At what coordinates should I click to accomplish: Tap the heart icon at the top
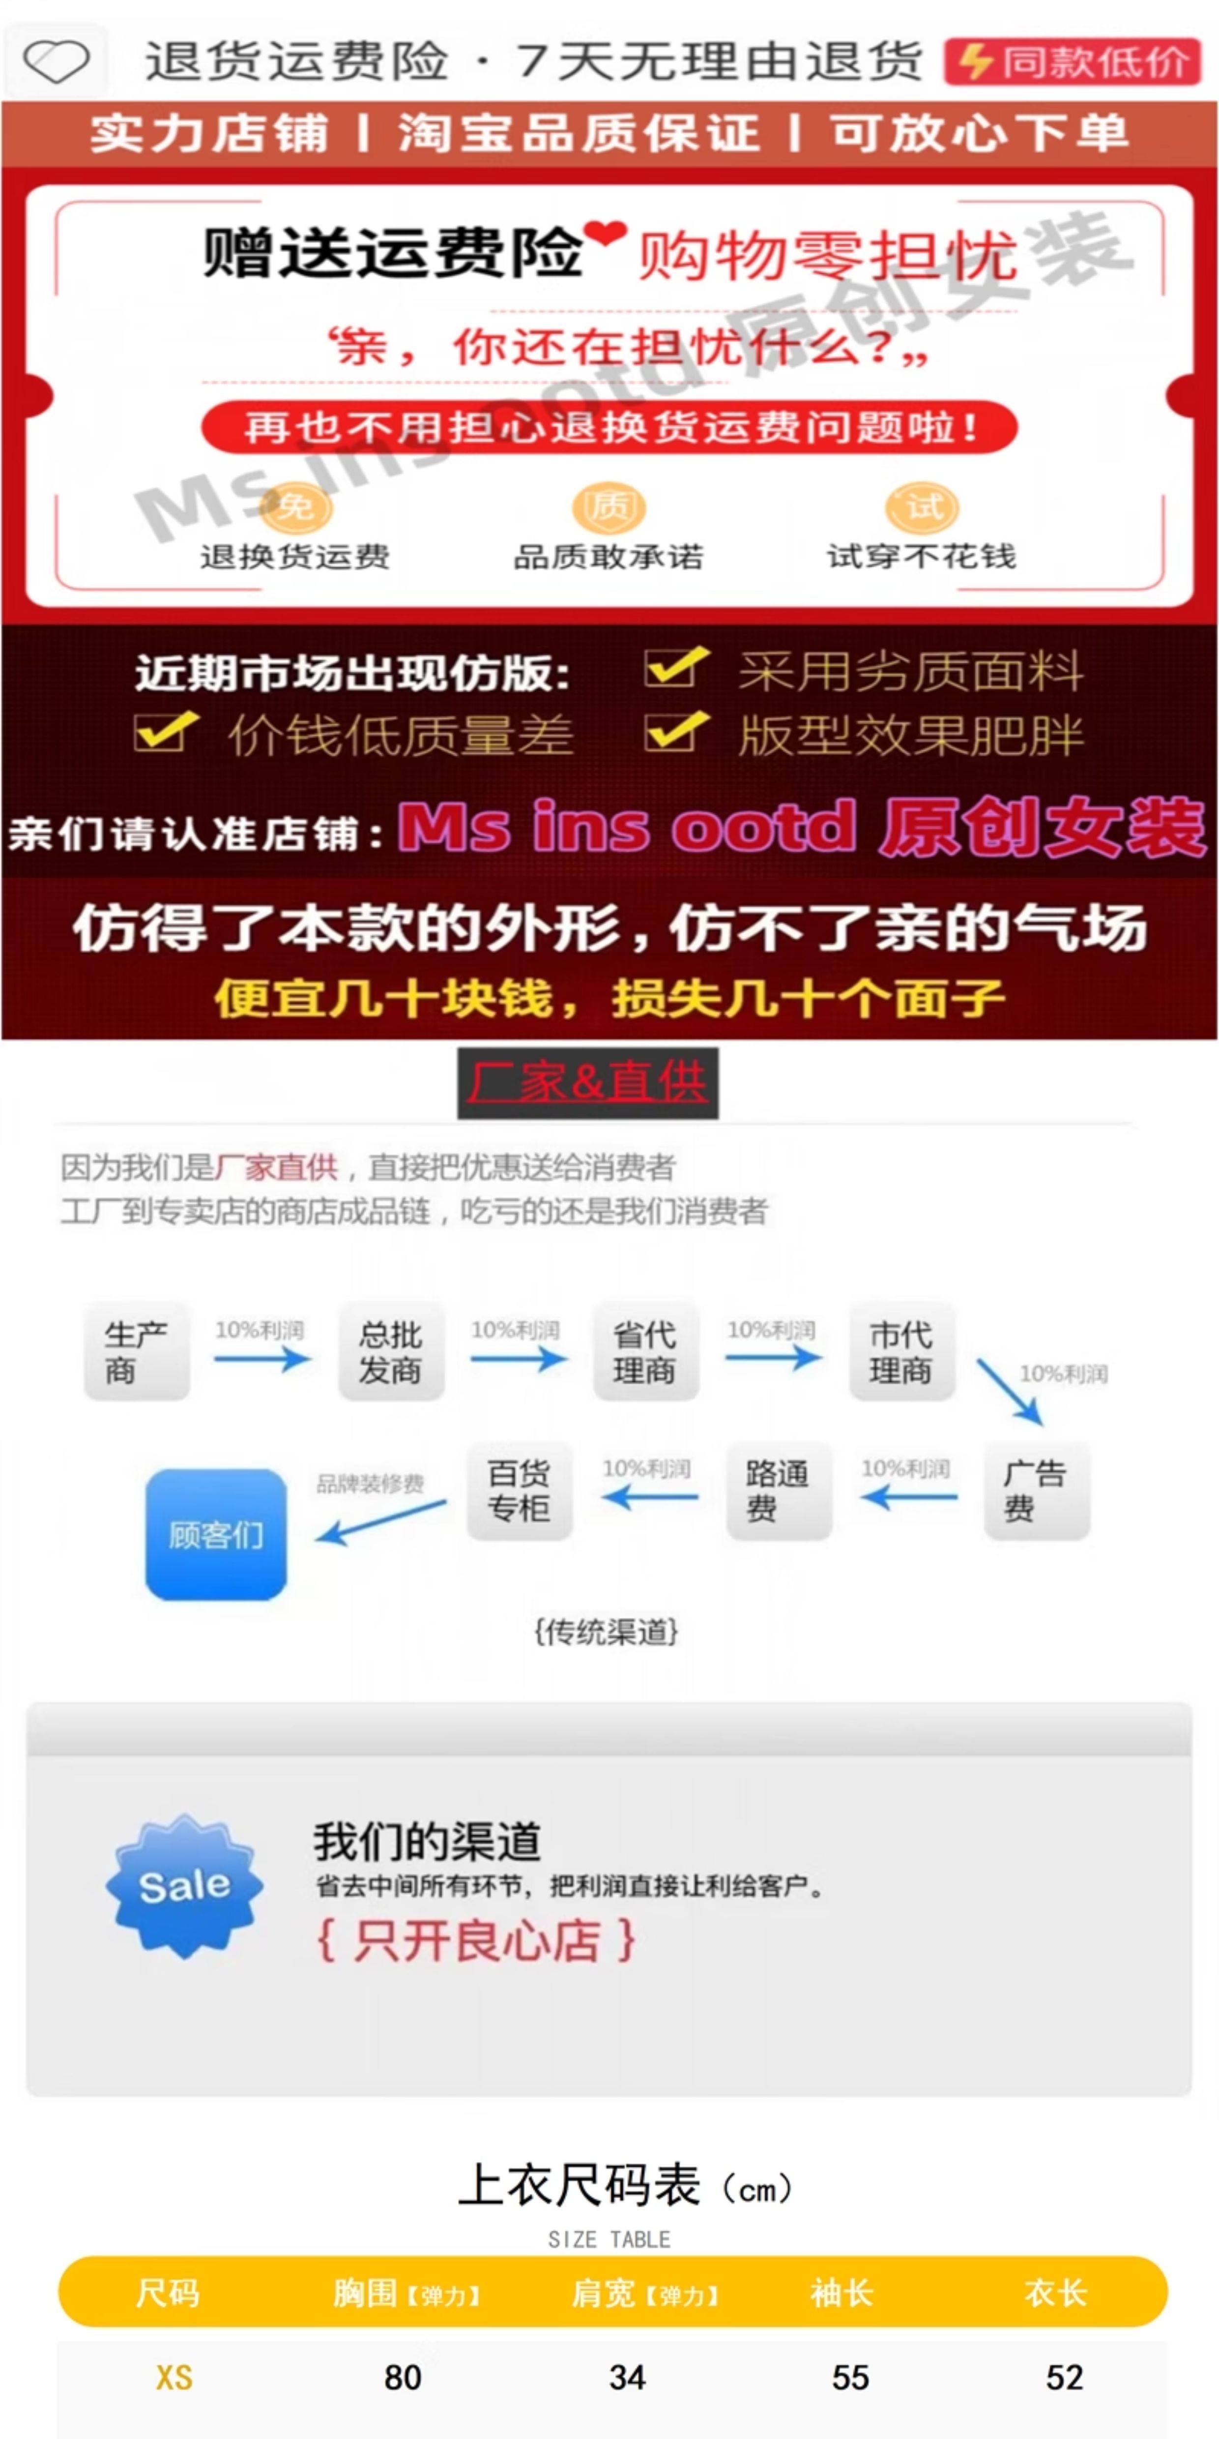[x=56, y=61]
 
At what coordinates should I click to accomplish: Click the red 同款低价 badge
[x=1073, y=62]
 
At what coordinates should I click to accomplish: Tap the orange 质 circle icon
[x=609, y=507]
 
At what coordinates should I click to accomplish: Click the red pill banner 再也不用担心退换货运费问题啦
[x=609, y=427]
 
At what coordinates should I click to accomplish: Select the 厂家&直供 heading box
[x=588, y=1082]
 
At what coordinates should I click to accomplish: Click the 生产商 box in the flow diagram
[x=136, y=1351]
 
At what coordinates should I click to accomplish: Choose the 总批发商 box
[x=391, y=1351]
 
